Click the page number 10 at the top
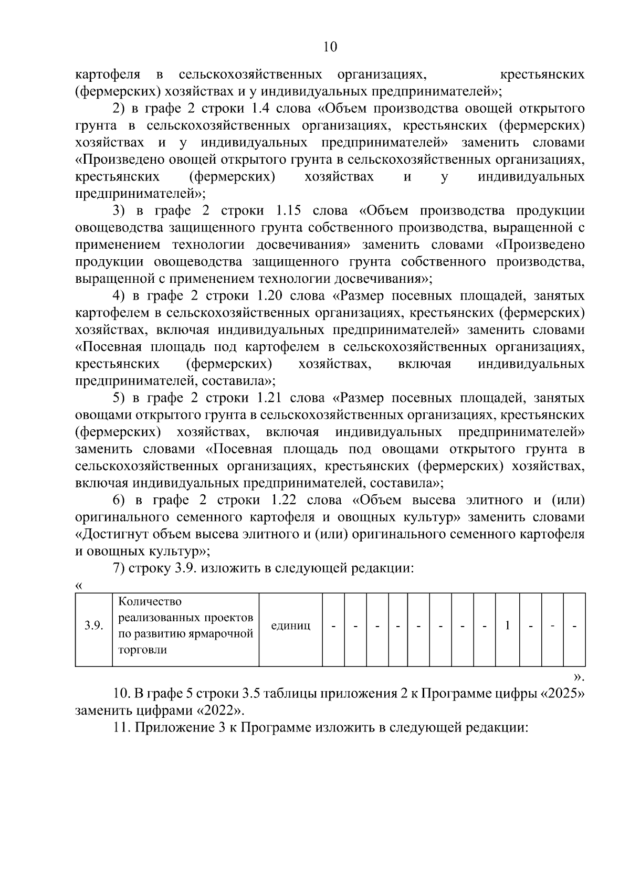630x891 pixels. point(330,47)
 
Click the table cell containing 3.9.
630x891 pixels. point(94,626)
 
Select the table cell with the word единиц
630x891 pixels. point(290,626)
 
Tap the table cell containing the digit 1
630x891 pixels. point(507,626)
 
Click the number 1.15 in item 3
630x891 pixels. point(288,210)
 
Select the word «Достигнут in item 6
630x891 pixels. point(111,534)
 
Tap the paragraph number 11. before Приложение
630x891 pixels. point(122,727)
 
